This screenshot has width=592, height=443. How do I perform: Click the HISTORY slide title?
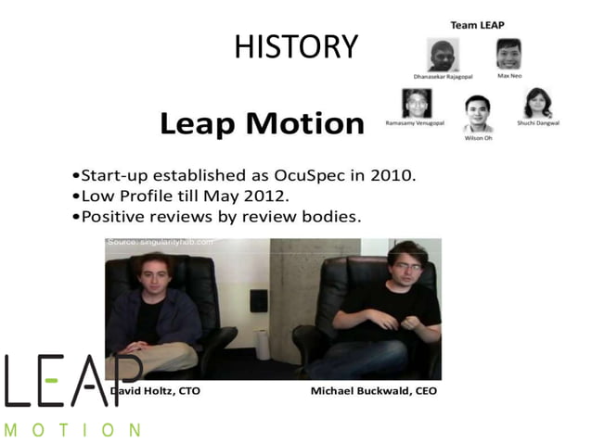point(295,45)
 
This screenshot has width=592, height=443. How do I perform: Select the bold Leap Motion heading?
point(262,123)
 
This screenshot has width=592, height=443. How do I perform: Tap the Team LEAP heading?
point(477,25)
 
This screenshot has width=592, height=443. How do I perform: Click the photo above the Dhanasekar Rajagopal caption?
point(444,55)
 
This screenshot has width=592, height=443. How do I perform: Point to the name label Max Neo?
point(508,75)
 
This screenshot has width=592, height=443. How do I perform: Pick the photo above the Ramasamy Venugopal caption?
point(417,103)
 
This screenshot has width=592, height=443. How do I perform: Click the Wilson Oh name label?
point(478,138)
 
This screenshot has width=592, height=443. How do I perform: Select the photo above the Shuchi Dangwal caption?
point(537,103)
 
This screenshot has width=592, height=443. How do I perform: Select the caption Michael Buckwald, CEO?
point(373,391)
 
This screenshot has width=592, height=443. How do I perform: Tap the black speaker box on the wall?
point(259,299)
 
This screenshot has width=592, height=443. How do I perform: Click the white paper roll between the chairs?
point(264,344)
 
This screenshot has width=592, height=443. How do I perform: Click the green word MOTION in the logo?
point(72,429)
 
